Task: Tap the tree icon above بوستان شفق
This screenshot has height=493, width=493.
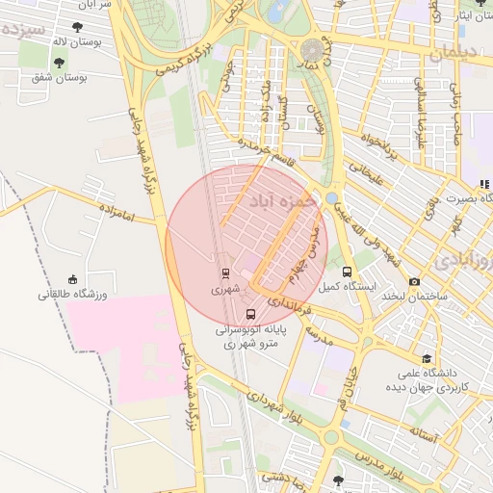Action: coord(59,63)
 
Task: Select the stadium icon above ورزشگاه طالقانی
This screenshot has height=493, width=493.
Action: coord(74,279)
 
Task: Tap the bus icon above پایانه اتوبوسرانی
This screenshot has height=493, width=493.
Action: coord(251,314)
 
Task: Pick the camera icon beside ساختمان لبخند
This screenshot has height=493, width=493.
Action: coord(414,281)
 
